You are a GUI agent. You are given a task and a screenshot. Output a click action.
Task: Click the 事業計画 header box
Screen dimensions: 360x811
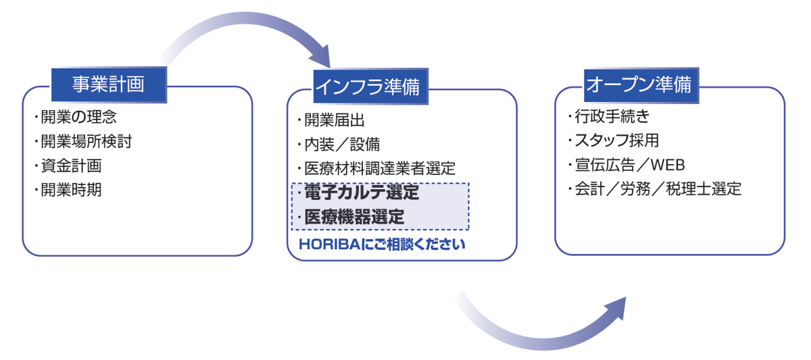click(x=108, y=84)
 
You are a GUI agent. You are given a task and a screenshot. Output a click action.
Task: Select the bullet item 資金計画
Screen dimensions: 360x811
click(x=71, y=165)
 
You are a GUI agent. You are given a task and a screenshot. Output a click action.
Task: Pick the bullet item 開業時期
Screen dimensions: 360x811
click(x=71, y=190)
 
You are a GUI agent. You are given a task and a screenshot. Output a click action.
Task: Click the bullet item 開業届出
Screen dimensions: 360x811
click(x=334, y=121)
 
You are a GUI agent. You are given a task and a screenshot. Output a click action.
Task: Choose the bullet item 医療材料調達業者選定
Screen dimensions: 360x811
click(x=379, y=168)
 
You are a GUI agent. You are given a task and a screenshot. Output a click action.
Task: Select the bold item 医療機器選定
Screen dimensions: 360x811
click(x=355, y=217)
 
